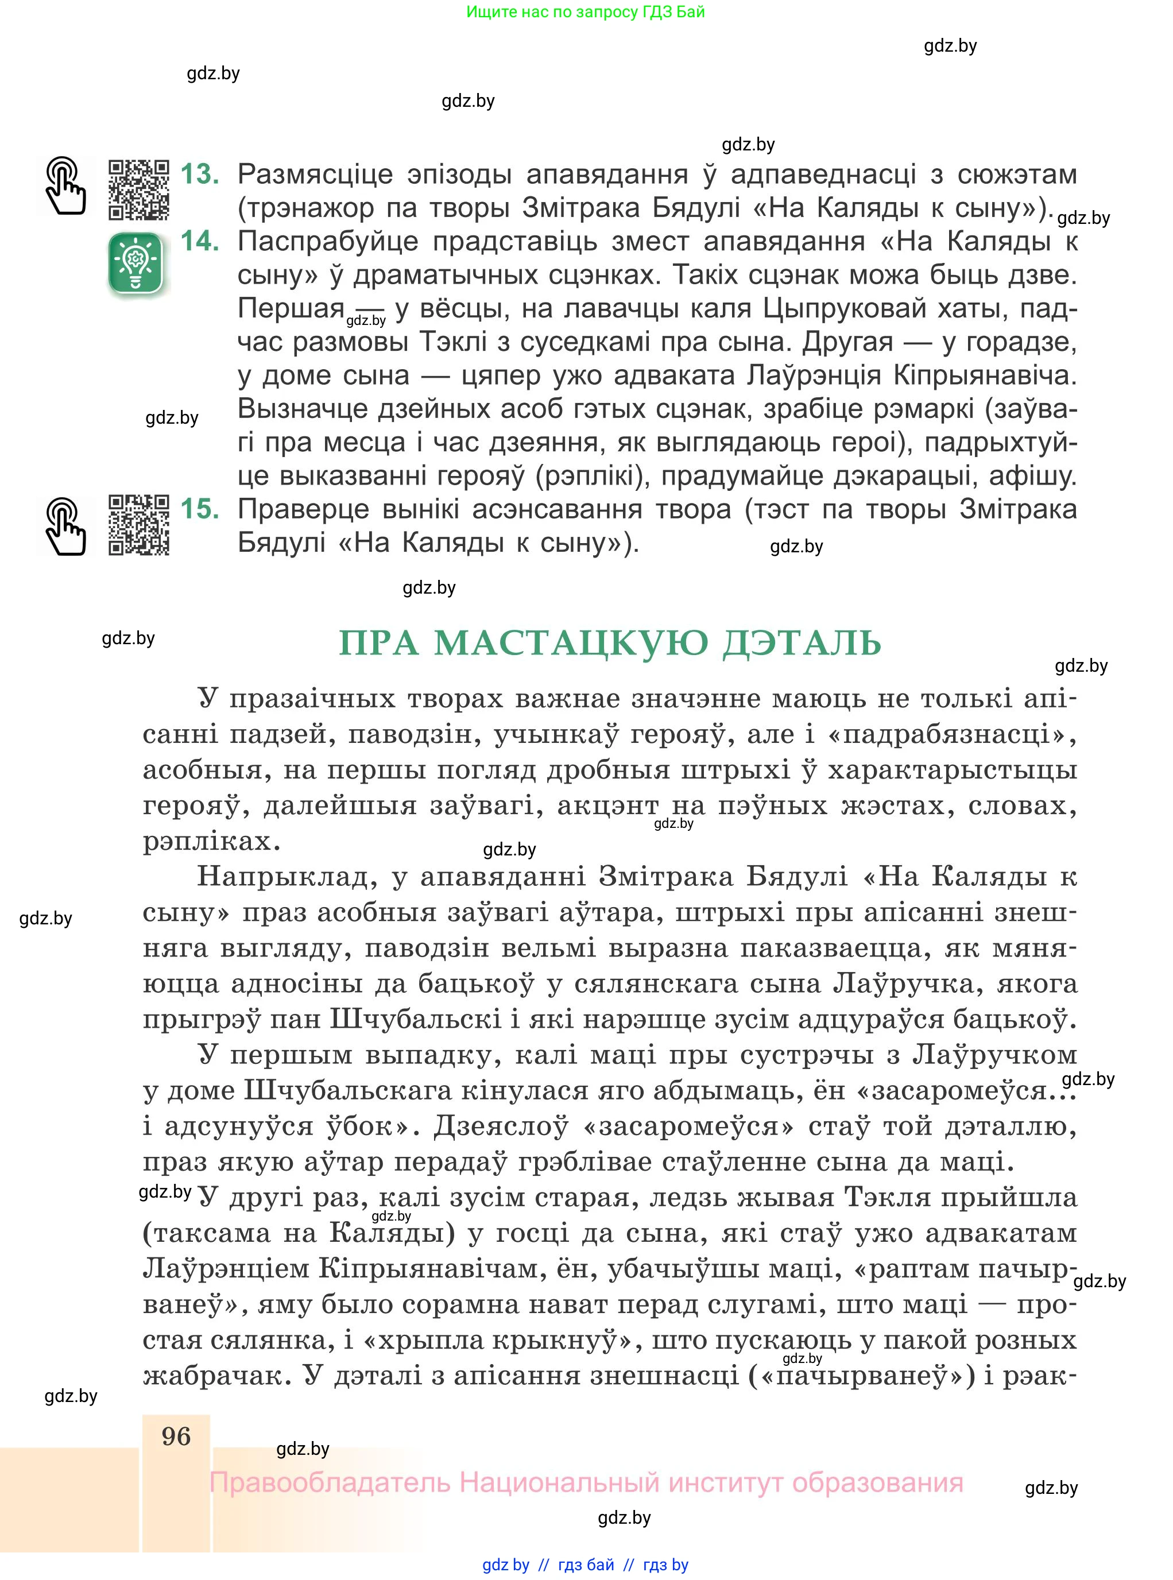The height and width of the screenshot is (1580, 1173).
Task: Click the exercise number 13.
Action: pyautogui.click(x=200, y=174)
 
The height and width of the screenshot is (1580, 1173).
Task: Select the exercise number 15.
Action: pyautogui.click(x=200, y=509)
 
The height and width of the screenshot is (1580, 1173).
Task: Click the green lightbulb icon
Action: pyautogui.click(x=136, y=264)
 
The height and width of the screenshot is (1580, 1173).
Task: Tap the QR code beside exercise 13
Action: pyautogui.click(x=139, y=189)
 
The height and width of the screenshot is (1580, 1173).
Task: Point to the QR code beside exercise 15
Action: pyautogui.click(x=139, y=524)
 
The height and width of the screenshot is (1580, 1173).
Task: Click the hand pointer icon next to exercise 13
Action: pyautogui.click(x=65, y=186)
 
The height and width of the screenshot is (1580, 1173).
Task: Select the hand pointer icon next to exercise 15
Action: pyautogui.click(x=65, y=526)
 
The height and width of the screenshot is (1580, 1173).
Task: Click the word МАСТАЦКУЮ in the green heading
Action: pyautogui.click(x=572, y=644)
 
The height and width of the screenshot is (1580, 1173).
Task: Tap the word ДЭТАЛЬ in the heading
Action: pyautogui.click(x=802, y=644)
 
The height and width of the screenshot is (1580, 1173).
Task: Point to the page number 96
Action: pyautogui.click(x=176, y=1436)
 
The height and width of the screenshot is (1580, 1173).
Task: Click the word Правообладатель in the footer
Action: pyautogui.click(x=330, y=1483)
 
